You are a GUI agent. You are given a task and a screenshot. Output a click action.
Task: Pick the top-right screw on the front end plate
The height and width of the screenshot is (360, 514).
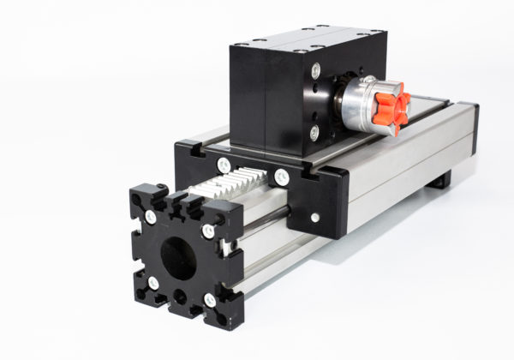click(x=208, y=231)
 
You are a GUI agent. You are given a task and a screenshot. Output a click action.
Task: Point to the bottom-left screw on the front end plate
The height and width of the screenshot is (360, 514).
click(x=153, y=283)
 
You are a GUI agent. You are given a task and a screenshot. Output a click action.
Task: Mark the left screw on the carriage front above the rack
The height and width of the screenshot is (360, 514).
click(x=224, y=165)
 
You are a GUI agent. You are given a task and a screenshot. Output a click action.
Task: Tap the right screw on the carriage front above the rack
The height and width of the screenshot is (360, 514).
click(x=281, y=177)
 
